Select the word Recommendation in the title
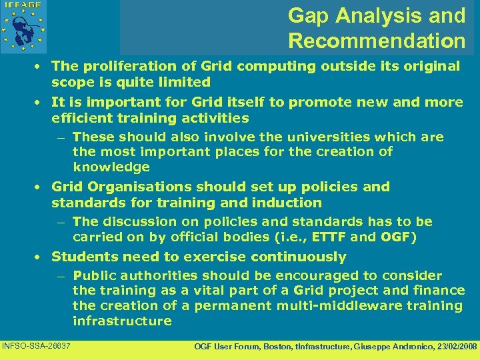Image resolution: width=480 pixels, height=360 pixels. tap(377, 41)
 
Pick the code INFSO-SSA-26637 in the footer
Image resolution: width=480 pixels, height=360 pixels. tap(37, 345)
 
